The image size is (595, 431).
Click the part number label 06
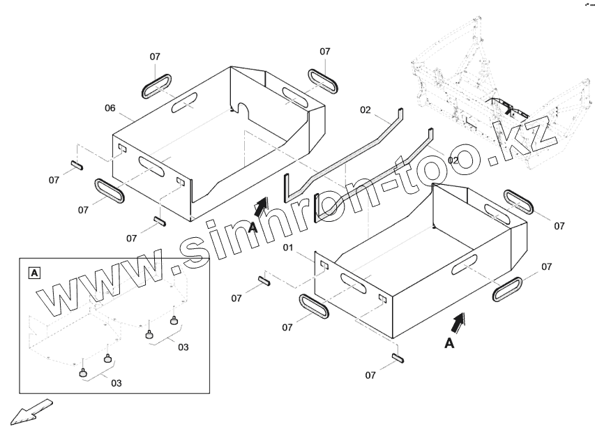[x=110, y=107]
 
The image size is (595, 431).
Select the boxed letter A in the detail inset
[x=33, y=271]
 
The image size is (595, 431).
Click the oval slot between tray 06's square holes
[x=154, y=165]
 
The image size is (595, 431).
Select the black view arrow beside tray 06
[x=260, y=206]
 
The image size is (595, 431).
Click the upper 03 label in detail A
[x=182, y=346]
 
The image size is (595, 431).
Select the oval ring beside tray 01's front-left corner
[x=313, y=305]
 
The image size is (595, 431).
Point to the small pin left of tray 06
[x=77, y=166]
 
